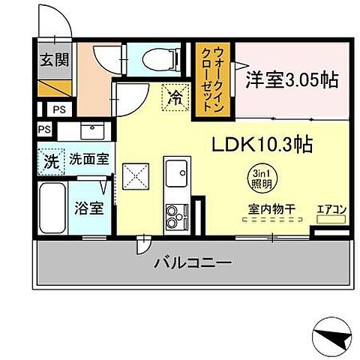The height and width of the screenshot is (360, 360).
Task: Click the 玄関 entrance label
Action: point(51,59)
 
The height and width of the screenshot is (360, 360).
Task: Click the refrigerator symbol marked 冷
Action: point(174,96)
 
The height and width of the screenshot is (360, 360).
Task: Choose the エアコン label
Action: point(331,209)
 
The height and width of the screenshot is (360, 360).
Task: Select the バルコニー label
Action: point(193,263)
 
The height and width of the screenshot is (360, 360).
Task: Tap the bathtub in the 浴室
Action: point(52,209)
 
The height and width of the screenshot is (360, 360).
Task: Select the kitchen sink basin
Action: point(178,174)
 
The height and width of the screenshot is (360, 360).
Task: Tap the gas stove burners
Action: point(178,216)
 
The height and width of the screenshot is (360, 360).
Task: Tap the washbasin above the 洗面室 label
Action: point(94,130)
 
